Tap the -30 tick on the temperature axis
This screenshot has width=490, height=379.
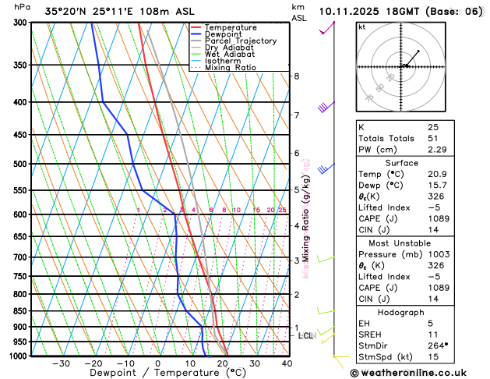[61, 363]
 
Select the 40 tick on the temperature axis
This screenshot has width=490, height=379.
[287, 363]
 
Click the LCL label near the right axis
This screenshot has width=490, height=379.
[306, 336]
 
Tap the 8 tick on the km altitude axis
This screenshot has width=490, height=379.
[296, 76]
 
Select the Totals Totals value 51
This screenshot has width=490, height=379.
[433, 138]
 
